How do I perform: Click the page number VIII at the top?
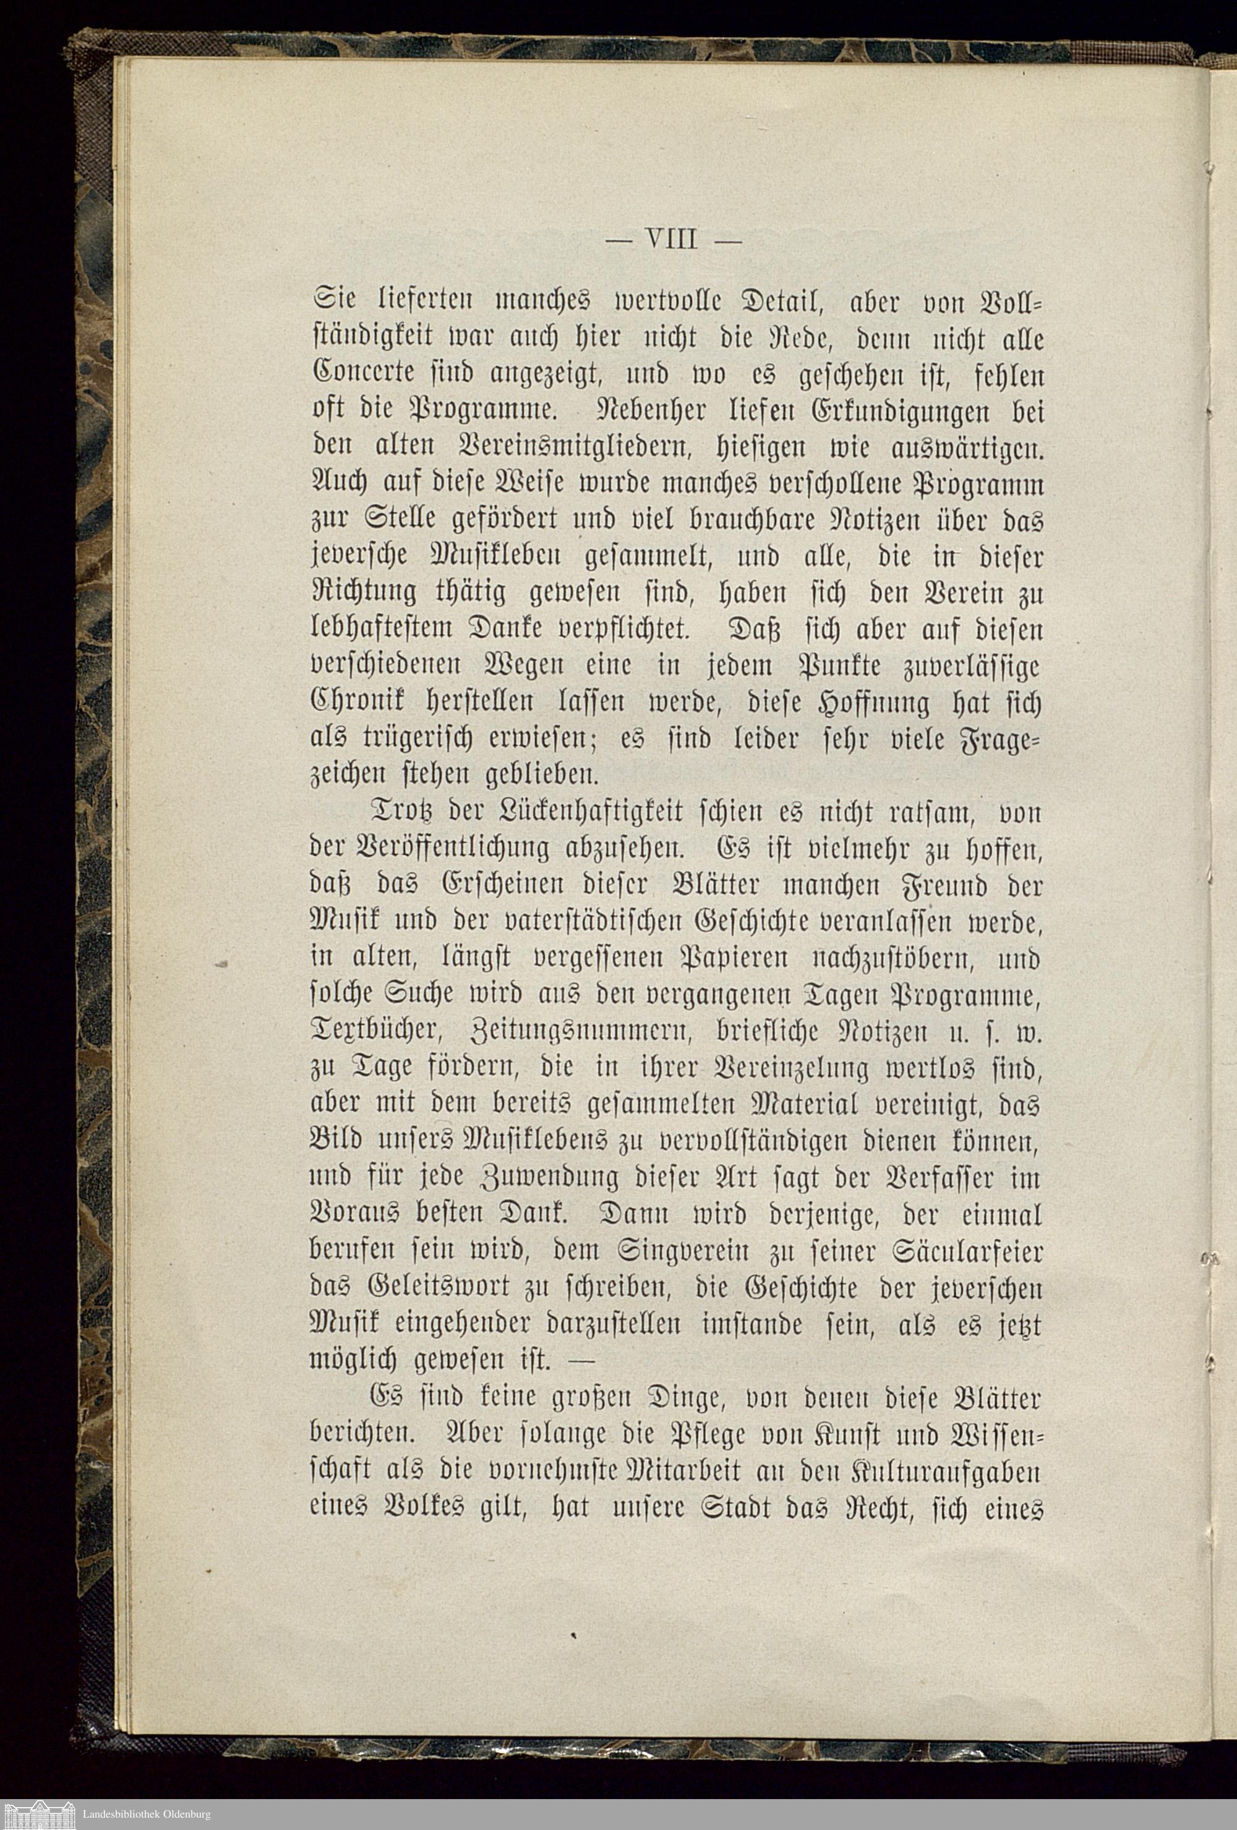pos(671,238)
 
